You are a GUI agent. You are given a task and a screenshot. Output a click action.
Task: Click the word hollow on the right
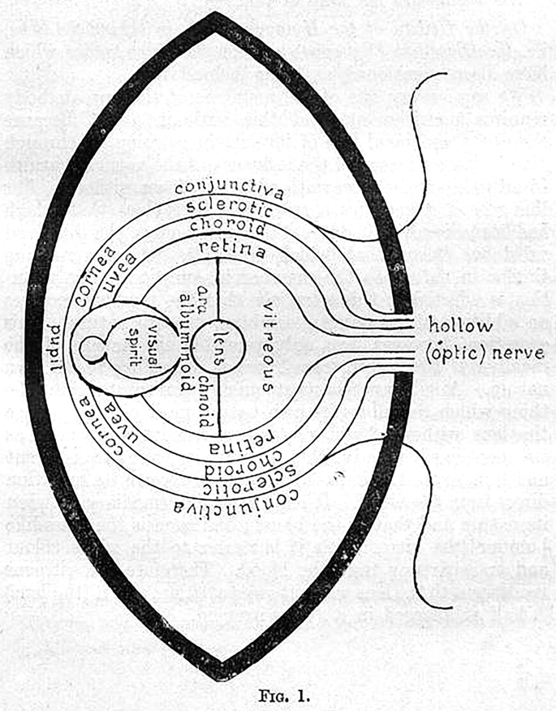[462, 327]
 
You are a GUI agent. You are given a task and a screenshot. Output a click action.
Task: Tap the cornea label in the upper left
[86, 278]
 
